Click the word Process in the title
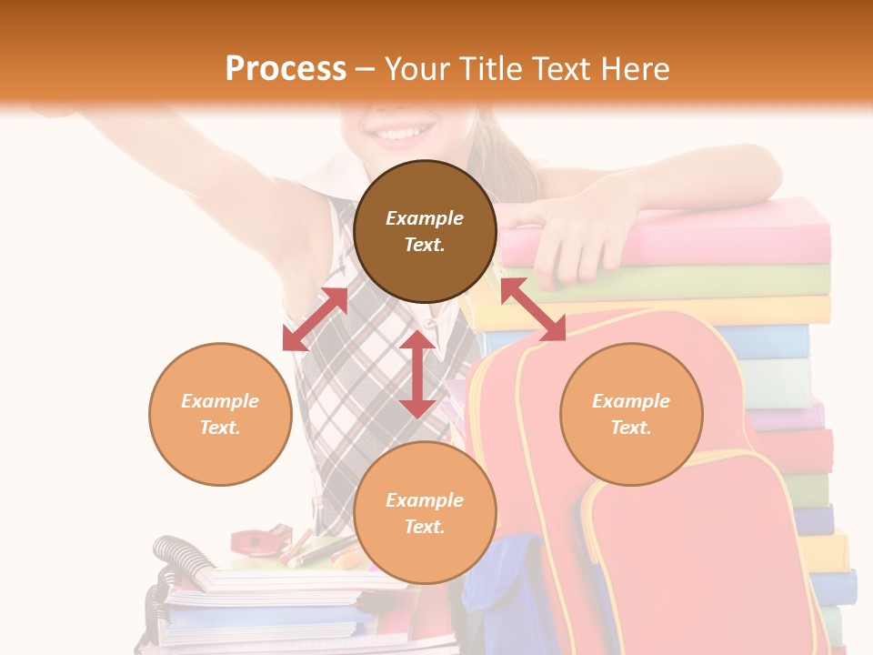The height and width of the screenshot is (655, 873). [286, 69]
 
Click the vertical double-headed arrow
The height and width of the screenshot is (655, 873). [417, 374]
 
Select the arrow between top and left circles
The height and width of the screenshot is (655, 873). [315, 319]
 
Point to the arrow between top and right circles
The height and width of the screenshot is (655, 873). [533, 309]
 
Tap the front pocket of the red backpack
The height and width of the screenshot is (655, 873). [691, 564]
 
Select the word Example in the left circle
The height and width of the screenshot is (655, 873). [220, 401]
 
